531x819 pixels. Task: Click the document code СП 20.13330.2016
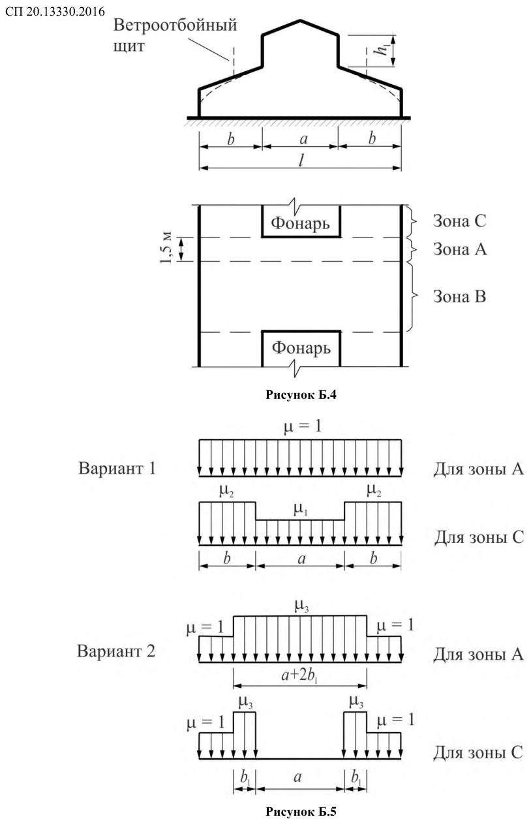click(x=55, y=11)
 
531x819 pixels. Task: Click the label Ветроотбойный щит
click(x=175, y=36)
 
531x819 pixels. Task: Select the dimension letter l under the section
click(x=301, y=160)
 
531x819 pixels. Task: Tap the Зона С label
click(x=459, y=221)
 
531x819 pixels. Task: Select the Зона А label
click(x=460, y=249)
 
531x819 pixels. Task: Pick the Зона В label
click(x=459, y=296)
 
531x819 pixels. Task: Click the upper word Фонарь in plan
click(x=301, y=223)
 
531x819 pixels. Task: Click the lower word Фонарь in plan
click(x=301, y=348)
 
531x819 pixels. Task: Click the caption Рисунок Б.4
click(x=301, y=395)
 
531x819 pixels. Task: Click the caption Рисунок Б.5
click(x=301, y=812)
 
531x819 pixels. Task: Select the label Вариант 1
click(x=117, y=469)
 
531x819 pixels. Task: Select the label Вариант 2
click(x=116, y=651)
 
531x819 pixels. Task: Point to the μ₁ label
click(x=301, y=510)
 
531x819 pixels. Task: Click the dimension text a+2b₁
click(x=299, y=675)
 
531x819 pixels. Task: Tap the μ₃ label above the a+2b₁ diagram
click(x=302, y=607)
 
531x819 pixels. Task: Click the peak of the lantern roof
click(x=301, y=20)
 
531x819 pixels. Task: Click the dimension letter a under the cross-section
click(x=303, y=139)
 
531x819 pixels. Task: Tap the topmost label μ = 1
click(x=303, y=427)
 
